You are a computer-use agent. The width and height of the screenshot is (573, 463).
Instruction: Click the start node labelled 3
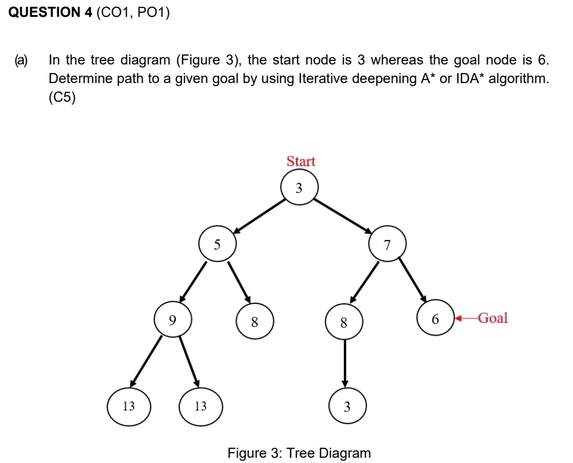click(x=299, y=188)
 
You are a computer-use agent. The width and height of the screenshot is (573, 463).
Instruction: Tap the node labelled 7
click(x=387, y=245)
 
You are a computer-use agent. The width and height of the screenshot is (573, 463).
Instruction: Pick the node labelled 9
click(x=172, y=318)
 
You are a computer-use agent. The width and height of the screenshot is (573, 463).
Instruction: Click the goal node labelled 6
click(x=435, y=318)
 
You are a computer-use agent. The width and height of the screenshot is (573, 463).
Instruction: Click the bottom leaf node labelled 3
click(x=347, y=407)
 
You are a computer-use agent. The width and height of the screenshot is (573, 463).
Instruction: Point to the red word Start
click(x=301, y=161)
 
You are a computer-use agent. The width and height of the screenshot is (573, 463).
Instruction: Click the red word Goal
click(x=492, y=318)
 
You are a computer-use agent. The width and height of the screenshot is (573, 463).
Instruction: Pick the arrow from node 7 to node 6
click(x=413, y=282)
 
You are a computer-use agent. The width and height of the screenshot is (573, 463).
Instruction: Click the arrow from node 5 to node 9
click(x=194, y=282)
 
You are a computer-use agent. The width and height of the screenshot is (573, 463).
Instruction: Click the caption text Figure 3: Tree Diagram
click(x=299, y=453)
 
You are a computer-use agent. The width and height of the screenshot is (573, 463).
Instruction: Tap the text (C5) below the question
click(x=63, y=98)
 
